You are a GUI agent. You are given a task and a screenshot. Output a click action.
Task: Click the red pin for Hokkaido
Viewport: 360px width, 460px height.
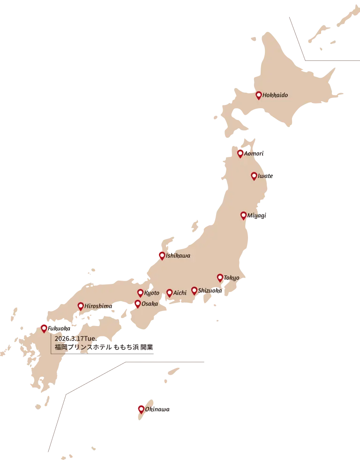(x=258, y=96)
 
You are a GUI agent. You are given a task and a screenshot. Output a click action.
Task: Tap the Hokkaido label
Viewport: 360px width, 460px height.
(x=275, y=95)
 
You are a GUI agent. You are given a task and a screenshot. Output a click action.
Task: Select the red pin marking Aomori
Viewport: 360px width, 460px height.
(x=240, y=154)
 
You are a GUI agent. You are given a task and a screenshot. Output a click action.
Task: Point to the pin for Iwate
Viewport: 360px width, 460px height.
(x=254, y=176)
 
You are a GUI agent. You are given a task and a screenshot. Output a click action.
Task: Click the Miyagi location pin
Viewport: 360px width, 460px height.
(x=243, y=216)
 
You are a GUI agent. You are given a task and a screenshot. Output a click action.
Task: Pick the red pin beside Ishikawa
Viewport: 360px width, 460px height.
(x=162, y=256)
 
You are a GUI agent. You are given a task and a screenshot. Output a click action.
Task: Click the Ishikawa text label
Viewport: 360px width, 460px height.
(x=178, y=256)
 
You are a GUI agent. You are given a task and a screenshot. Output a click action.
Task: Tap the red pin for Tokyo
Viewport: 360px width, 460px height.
(x=220, y=278)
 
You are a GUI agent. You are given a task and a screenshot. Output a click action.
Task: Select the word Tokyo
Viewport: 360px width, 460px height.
(x=232, y=278)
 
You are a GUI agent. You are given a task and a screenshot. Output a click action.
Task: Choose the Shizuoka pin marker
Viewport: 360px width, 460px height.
(x=194, y=291)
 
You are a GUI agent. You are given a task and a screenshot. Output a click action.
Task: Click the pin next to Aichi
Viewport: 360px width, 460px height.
(x=169, y=293)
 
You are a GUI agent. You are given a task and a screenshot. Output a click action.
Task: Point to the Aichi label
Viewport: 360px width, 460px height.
(x=180, y=293)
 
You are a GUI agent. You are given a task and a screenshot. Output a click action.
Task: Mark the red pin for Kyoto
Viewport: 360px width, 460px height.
(x=140, y=293)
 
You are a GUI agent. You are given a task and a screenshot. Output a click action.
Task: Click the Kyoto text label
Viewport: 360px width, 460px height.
(x=152, y=293)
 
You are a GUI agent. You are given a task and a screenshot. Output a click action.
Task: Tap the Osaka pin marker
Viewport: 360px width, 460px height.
(x=137, y=304)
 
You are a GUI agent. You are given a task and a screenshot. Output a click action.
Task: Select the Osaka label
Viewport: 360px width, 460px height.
(x=150, y=304)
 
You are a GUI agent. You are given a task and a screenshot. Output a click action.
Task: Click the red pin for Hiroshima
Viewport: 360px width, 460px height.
(x=81, y=306)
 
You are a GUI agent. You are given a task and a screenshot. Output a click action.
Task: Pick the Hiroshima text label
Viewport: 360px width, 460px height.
(x=98, y=306)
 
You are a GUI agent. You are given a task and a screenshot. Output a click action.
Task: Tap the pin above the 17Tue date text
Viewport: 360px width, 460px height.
(x=44, y=328)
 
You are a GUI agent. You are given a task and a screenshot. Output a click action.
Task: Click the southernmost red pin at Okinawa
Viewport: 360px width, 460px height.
(x=141, y=409)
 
